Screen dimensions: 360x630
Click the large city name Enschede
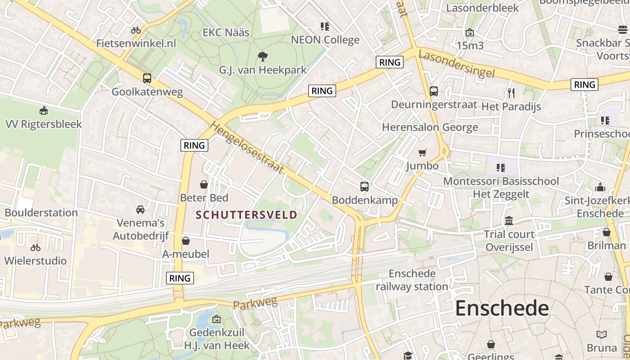502,309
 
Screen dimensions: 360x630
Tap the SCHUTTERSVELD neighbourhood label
247,215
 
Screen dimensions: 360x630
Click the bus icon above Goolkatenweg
147,78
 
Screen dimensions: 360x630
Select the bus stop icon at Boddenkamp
364,186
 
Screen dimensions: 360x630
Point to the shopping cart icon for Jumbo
422,153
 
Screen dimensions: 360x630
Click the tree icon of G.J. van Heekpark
262,57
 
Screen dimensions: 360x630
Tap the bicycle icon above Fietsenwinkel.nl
136,30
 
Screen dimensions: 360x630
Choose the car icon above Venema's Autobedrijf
140,210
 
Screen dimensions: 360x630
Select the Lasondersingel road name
456,64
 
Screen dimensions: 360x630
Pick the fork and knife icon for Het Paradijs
511,93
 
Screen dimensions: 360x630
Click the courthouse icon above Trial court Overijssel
509,221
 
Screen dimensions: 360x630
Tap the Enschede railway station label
412,280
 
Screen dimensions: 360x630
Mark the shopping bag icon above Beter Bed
204,184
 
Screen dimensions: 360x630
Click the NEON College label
325,40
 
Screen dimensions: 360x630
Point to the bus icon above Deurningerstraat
434,91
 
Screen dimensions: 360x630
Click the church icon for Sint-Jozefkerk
600,187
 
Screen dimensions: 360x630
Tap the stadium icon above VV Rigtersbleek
44,110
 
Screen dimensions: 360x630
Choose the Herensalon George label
430,127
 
